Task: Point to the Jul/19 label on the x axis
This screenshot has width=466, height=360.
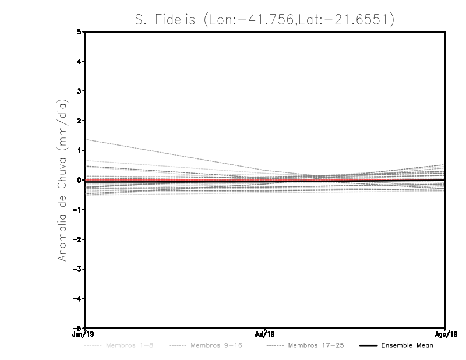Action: click(265, 334)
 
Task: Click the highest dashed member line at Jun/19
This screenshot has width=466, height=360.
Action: click(86, 140)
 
